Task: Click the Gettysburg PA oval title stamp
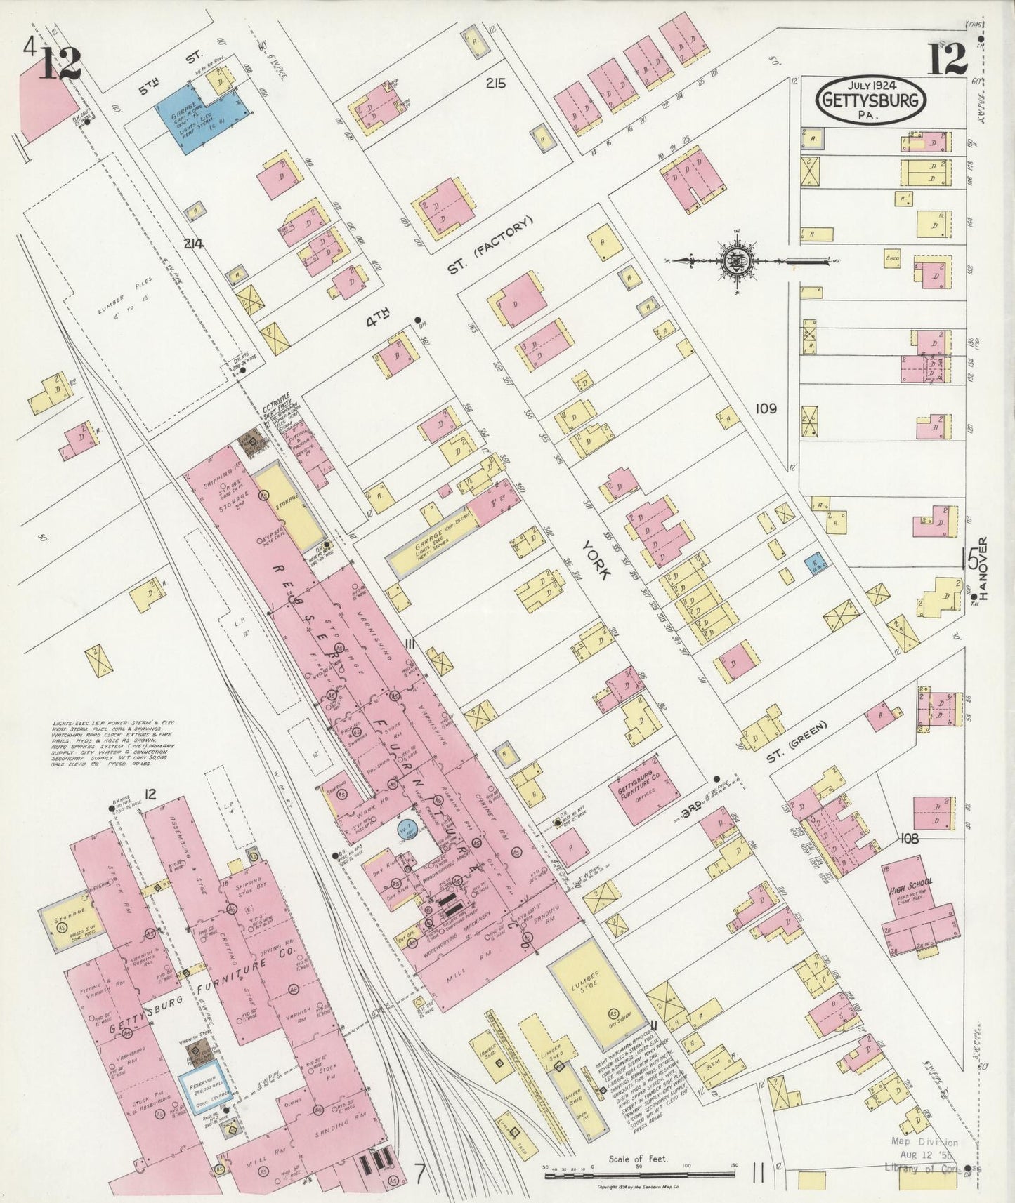click(870, 100)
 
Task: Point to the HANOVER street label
click(983, 569)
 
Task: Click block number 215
click(495, 84)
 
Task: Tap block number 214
click(193, 244)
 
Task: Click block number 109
click(766, 408)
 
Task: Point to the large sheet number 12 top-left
click(59, 63)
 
